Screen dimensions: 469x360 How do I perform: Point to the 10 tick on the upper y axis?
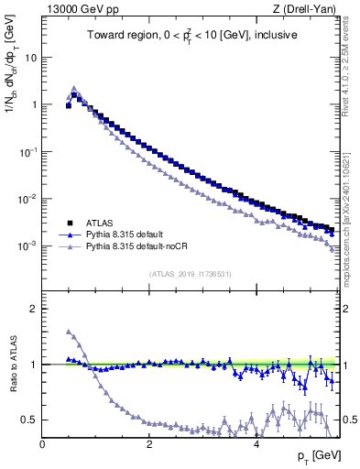point(30,57)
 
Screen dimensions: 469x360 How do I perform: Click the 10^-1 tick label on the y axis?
point(27,152)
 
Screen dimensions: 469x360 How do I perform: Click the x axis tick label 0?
point(42,443)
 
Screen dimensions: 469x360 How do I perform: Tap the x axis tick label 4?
point(256,443)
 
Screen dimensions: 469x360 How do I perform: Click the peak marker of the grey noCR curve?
point(74,88)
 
